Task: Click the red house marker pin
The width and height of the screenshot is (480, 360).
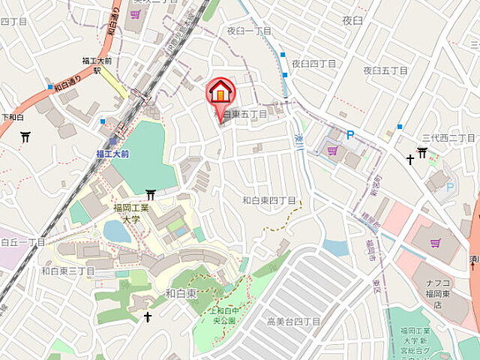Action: pyautogui.click(x=220, y=93)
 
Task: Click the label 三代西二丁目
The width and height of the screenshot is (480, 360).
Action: pyautogui.click(x=448, y=138)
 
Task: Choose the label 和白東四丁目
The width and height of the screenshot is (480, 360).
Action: pyautogui.click(x=269, y=200)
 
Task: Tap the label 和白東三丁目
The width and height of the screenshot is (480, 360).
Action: pyautogui.click(x=67, y=271)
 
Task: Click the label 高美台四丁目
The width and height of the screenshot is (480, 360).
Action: pyautogui.click(x=293, y=321)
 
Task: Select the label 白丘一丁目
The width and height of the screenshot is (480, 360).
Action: pyautogui.click(x=24, y=242)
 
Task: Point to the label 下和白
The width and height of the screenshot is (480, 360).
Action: pyautogui.click(x=13, y=117)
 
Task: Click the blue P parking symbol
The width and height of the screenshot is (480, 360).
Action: pyautogui.click(x=349, y=135)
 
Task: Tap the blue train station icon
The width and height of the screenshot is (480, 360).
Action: pyautogui.click(x=113, y=140)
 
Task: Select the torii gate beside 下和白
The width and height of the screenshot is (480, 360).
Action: pyautogui.click(x=26, y=136)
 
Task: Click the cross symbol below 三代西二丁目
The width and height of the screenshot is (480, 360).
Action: pyautogui.click(x=410, y=159)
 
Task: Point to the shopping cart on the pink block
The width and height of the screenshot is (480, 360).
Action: pyautogui.click(x=435, y=242)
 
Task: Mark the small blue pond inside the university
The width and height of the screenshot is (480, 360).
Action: pyautogui.click(x=116, y=232)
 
